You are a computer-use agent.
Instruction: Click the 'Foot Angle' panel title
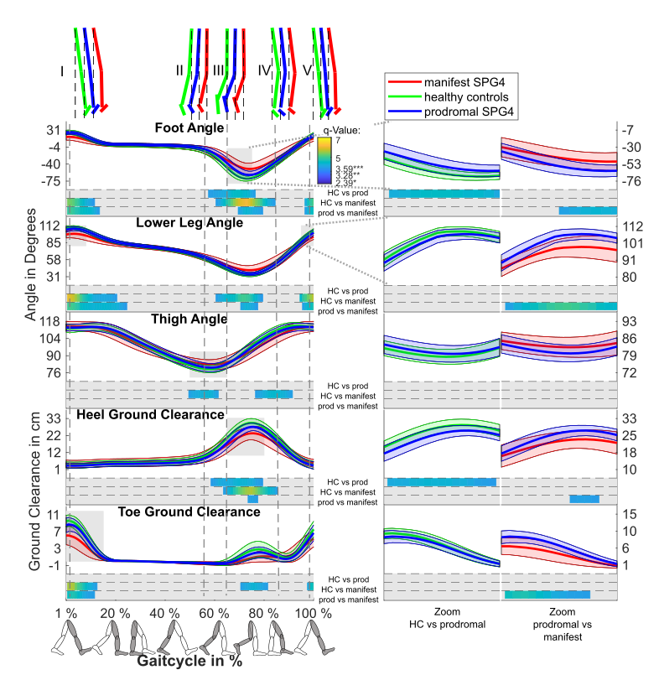pyautogui.click(x=189, y=128)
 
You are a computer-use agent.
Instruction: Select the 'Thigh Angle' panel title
pyautogui.click(x=189, y=319)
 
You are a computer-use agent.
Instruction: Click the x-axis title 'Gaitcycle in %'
pyautogui.click(x=189, y=660)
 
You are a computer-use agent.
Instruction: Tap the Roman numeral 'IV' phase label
pyautogui.click(x=264, y=70)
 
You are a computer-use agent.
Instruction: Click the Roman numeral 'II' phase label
pyautogui.click(x=179, y=70)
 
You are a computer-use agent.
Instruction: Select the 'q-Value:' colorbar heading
pyautogui.click(x=340, y=130)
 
